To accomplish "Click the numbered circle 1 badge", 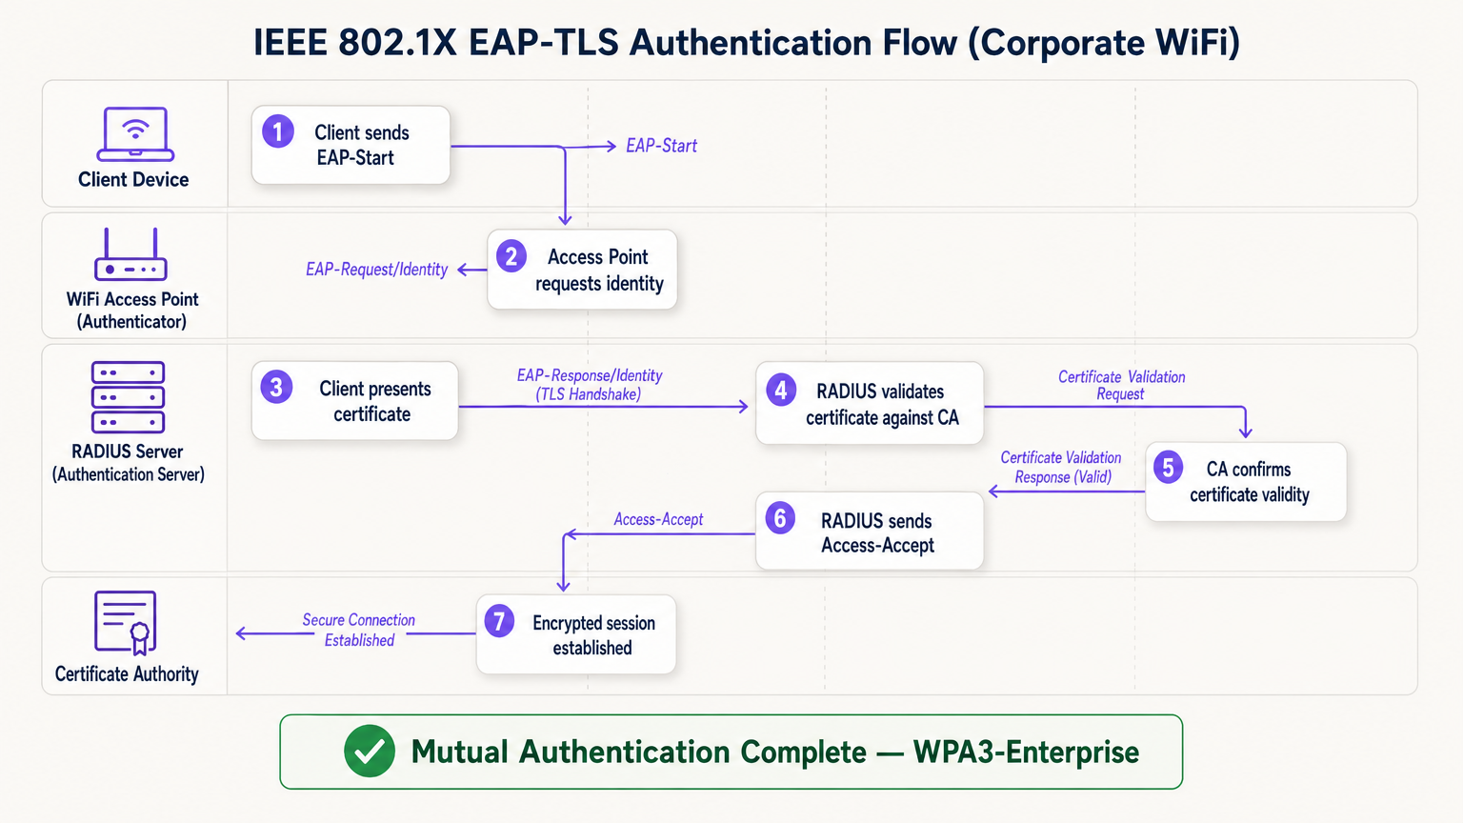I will click(278, 131).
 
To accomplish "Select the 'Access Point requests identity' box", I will click(582, 270).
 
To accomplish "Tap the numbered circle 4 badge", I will click(781, 390).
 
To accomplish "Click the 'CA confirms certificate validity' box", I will click(1246, 482).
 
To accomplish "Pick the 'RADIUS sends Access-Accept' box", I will click(869, 532).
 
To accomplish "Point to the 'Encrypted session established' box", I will click(576, 635).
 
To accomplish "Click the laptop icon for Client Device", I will click(135, 133).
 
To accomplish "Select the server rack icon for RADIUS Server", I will click(128, 397).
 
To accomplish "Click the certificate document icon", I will click(126, 622).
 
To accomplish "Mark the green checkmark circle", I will click(370, 752).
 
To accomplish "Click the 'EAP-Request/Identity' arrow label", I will click(376, 270).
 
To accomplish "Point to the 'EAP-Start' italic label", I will click(661, 146).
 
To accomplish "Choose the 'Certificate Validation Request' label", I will click(1121, 385).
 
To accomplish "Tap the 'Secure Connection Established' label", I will click(358, 630).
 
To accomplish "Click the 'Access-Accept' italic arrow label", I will click(658, 519).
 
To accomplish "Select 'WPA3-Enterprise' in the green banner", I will click(1026, 752).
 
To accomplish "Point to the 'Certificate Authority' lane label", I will click(127, 673).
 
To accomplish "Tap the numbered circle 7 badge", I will click(499, 621).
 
